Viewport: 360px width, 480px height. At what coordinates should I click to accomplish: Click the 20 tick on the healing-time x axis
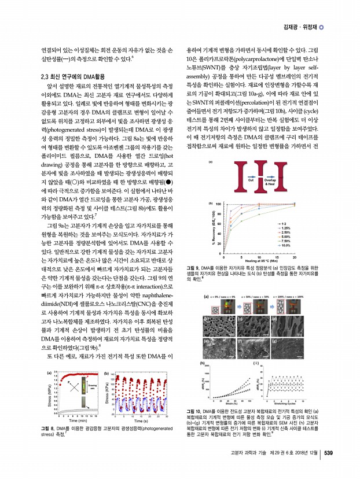pos(301,256)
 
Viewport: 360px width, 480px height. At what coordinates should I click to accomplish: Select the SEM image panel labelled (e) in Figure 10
pos(216,349)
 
